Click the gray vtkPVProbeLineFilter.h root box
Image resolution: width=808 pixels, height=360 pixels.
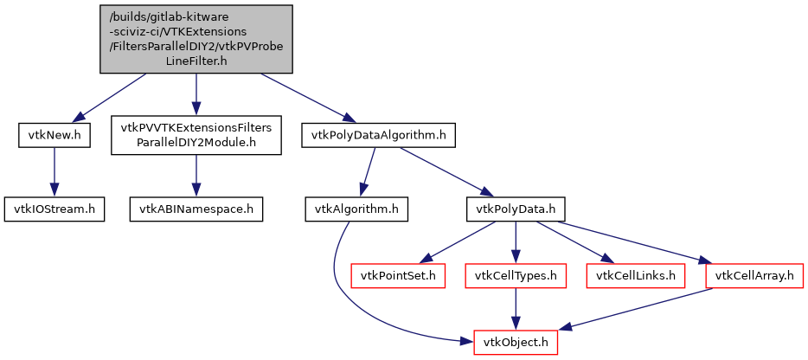pos(196,40)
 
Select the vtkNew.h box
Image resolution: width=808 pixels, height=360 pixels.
pos(54,135)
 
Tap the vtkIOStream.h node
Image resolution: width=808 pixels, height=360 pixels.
pos(54,209)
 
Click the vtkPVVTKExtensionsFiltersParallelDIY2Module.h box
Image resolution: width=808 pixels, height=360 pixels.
pos(196,135)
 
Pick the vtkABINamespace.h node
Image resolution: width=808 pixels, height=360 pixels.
pos(196,209)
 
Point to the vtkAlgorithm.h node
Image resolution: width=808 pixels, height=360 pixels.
pos(356,209)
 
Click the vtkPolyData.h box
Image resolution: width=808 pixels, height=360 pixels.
pos(516,209)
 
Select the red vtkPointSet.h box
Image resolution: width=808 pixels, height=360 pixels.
pos(398,276)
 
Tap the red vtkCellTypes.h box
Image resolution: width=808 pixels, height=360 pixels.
pos(516,276)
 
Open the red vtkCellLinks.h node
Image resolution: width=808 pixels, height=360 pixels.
pos(636,276)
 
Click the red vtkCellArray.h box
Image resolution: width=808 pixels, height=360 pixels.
pos(755,276)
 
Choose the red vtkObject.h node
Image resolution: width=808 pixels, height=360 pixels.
pos(516,342)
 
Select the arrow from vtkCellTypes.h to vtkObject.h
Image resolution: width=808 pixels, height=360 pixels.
pos(516,309)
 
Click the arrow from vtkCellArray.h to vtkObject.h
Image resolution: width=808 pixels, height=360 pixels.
pos(640,308)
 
